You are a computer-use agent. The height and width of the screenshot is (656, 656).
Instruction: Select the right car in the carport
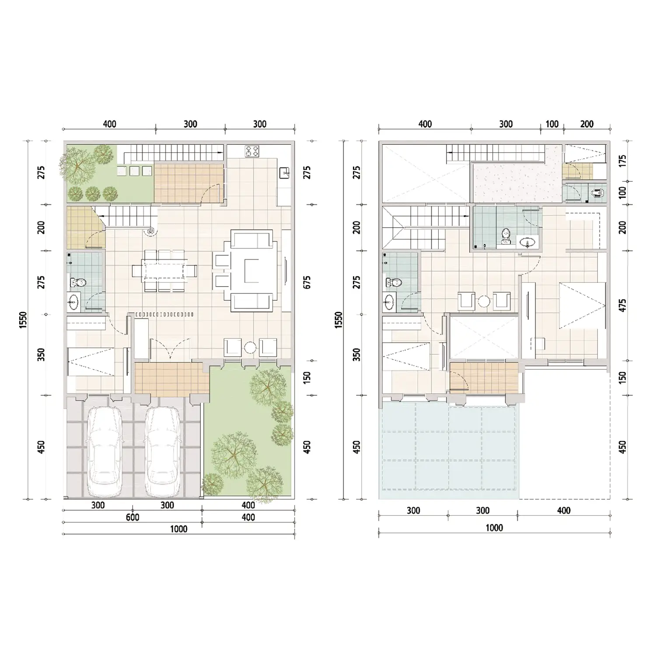point(162,452)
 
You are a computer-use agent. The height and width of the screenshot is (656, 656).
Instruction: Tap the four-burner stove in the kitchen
point(252,151)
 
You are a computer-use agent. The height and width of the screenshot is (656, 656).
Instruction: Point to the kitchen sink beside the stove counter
point(285,173)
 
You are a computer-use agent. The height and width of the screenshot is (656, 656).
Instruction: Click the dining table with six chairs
point(164,271)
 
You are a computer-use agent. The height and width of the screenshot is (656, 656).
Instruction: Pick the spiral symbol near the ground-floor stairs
point(150,231)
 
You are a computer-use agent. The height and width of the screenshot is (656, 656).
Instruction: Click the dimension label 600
point(133,517)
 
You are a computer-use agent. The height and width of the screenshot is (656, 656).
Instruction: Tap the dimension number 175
point(623,161)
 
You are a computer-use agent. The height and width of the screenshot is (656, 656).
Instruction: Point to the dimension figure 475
point(623,305)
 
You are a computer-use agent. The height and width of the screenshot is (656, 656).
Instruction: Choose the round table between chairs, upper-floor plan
point(484,301)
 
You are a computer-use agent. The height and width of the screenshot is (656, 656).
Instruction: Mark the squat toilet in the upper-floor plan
point(597,192)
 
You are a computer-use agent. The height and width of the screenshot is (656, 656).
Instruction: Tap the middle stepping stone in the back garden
point(135,171)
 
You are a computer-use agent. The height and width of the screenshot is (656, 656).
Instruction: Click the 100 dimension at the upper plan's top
point(552,124)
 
